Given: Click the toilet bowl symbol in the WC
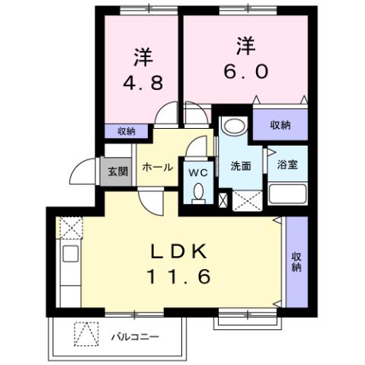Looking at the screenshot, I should pos(200,194).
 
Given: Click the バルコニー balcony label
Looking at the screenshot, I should pos(134,335).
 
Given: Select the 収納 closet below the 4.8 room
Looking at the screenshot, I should pos(126,131).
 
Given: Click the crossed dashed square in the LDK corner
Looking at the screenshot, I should pos(69,227).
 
